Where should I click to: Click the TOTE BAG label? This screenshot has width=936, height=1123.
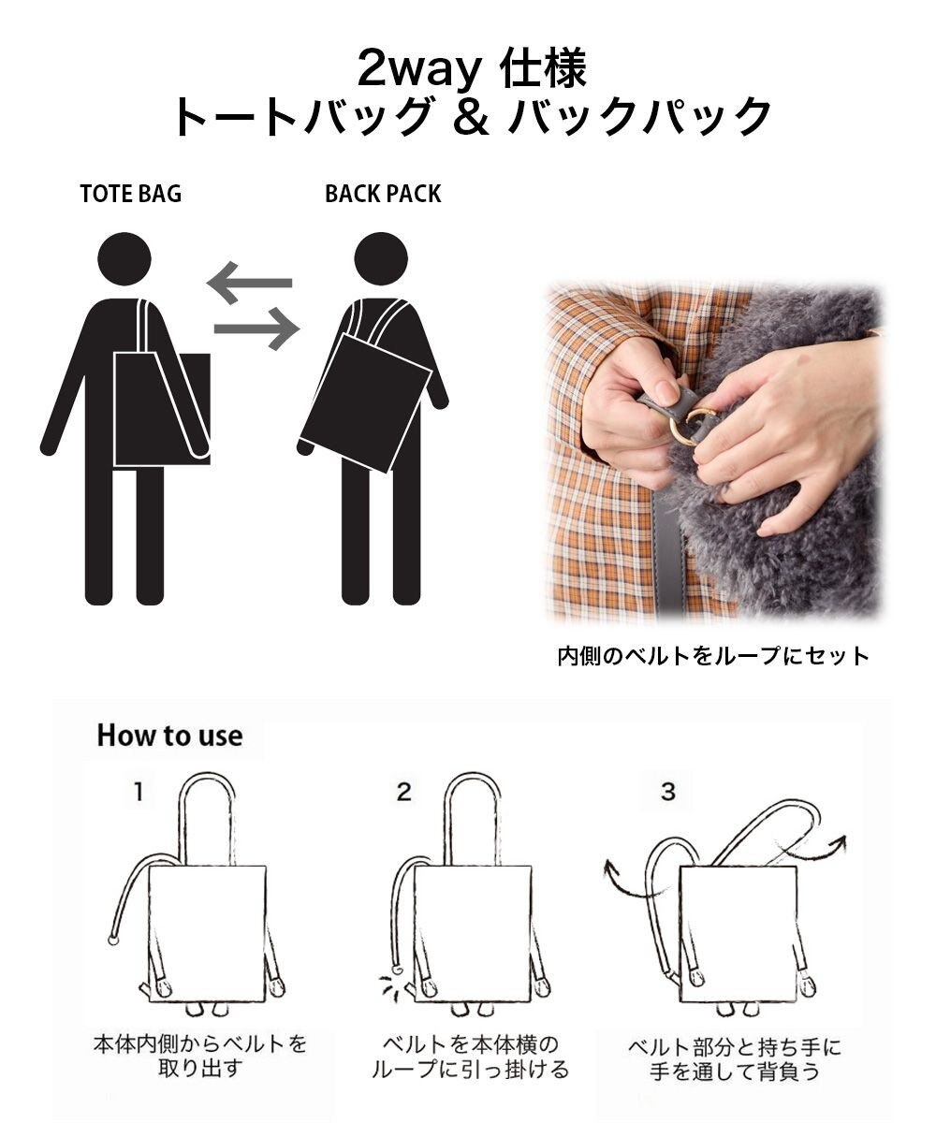click(x=130, y=194)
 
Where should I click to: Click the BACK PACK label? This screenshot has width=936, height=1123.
click(x=383, y=194)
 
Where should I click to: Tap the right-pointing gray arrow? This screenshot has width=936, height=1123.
click(x=256, y=328)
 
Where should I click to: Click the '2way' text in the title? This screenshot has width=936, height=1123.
click(x=414, y=70)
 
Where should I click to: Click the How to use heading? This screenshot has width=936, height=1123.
click(x=169, y=736)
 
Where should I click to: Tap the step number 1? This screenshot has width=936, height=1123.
click(x=138, y=793)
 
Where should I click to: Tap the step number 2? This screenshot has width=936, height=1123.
click(x=403, y=793)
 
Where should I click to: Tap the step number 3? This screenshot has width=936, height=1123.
click(x=667, y=792)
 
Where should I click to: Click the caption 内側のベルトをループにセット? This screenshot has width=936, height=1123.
click(x=713, y=655)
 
